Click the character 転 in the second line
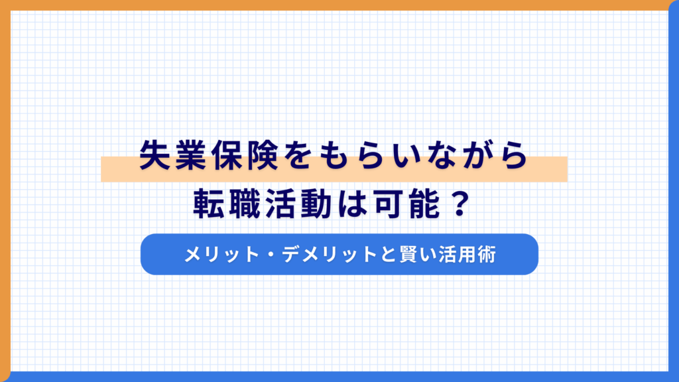(x=208, y=203)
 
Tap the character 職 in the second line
(x=241, y=203)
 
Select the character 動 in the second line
(x=306, y=203)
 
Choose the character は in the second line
(x=339, y=203)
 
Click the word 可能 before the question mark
(x=389, y=203)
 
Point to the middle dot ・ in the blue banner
(x=273, y=254)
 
